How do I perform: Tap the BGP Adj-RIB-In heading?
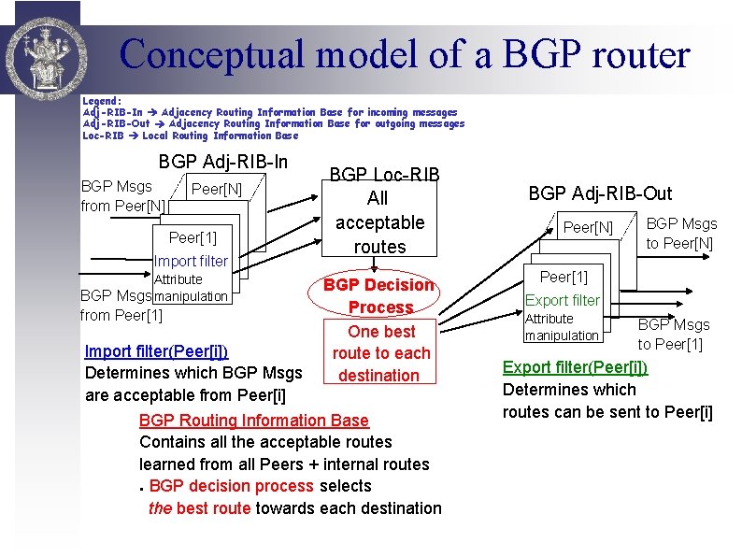[223, 162]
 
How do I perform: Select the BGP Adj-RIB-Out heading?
[600, 193]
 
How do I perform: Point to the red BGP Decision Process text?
[379, 295]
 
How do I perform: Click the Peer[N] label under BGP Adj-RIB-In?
[216, 190]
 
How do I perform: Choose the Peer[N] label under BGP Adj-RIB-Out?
[588, 227]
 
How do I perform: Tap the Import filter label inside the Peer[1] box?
[191, 261]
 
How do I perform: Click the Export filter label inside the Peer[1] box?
[563, 300]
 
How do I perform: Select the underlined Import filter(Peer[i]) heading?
[156, 351]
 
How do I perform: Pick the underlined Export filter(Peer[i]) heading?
[575, 367]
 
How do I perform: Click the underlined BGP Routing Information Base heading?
[254, 421]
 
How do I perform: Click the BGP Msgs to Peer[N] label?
[681, 234]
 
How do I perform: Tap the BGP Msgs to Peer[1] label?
[673, 334]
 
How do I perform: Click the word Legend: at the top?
[102, 100]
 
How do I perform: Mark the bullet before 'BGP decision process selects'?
[141, 488]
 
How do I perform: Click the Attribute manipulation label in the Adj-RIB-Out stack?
[562, 327]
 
